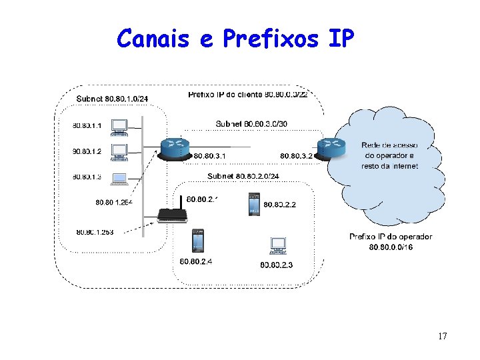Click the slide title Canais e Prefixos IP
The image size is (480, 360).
coord(235,39)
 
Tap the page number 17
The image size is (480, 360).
coord(443,336)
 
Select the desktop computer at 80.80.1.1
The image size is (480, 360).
coord(119,126)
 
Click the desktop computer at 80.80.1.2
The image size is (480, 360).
coord(119,152)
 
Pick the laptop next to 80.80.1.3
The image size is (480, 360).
coord(119,178)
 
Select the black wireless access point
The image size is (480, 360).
coord(172,214)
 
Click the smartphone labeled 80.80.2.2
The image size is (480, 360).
coord(253,204)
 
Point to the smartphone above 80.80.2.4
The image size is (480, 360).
coord(198,241)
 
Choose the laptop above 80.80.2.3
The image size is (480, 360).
coord(277,247)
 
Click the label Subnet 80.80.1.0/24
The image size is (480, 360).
coord(112,100)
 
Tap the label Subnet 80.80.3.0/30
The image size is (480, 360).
coord(253,123)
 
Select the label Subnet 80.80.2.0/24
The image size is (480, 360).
coord(243,176)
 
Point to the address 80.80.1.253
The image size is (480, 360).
coord(95,232)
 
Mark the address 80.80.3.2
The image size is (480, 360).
coord(296,155)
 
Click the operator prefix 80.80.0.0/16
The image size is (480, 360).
coord(391,247)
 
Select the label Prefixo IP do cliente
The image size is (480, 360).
coord(225,95)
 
